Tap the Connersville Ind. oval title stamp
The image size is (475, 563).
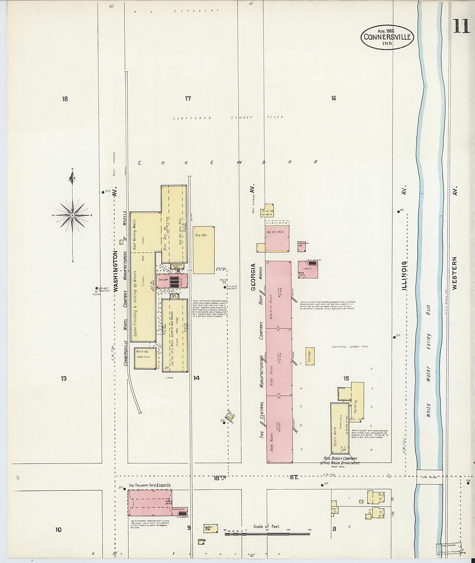tap(387, 37)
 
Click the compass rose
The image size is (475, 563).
tap(72, 215)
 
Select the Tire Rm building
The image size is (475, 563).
tap(204, 250)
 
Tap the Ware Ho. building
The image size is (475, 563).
tap(145, 358)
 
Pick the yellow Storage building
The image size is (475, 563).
tap(310, 356)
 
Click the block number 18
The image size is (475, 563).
tap(65, 99)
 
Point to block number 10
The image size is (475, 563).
tap(58, 530)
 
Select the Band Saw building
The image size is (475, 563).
tap(267, 212)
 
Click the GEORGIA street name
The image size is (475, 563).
tap(253, 277)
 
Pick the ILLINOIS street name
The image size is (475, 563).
tap(404, 276)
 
